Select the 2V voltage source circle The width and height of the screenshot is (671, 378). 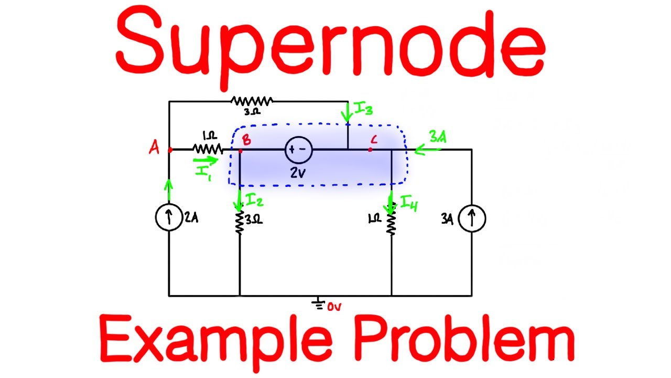point(298,150)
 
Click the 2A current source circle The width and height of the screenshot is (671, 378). point(169,218)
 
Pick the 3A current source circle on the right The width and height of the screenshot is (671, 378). point(472,218)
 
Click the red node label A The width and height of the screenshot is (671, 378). point(154,149)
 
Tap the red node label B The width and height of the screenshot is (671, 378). point(246,141)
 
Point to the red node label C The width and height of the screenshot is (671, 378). point(373,140)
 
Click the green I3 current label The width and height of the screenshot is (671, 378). point(363,109)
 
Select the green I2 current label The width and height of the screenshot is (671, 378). point(255,199)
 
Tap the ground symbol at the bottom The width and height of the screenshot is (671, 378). point(317,303)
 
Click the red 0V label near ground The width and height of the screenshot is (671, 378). point(334,307)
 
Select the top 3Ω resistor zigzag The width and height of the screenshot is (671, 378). point(252,101)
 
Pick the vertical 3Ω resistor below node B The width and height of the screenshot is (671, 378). point(240,222)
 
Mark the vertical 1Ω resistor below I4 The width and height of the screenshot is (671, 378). point(391,223)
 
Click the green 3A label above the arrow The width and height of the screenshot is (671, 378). point(438,138)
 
